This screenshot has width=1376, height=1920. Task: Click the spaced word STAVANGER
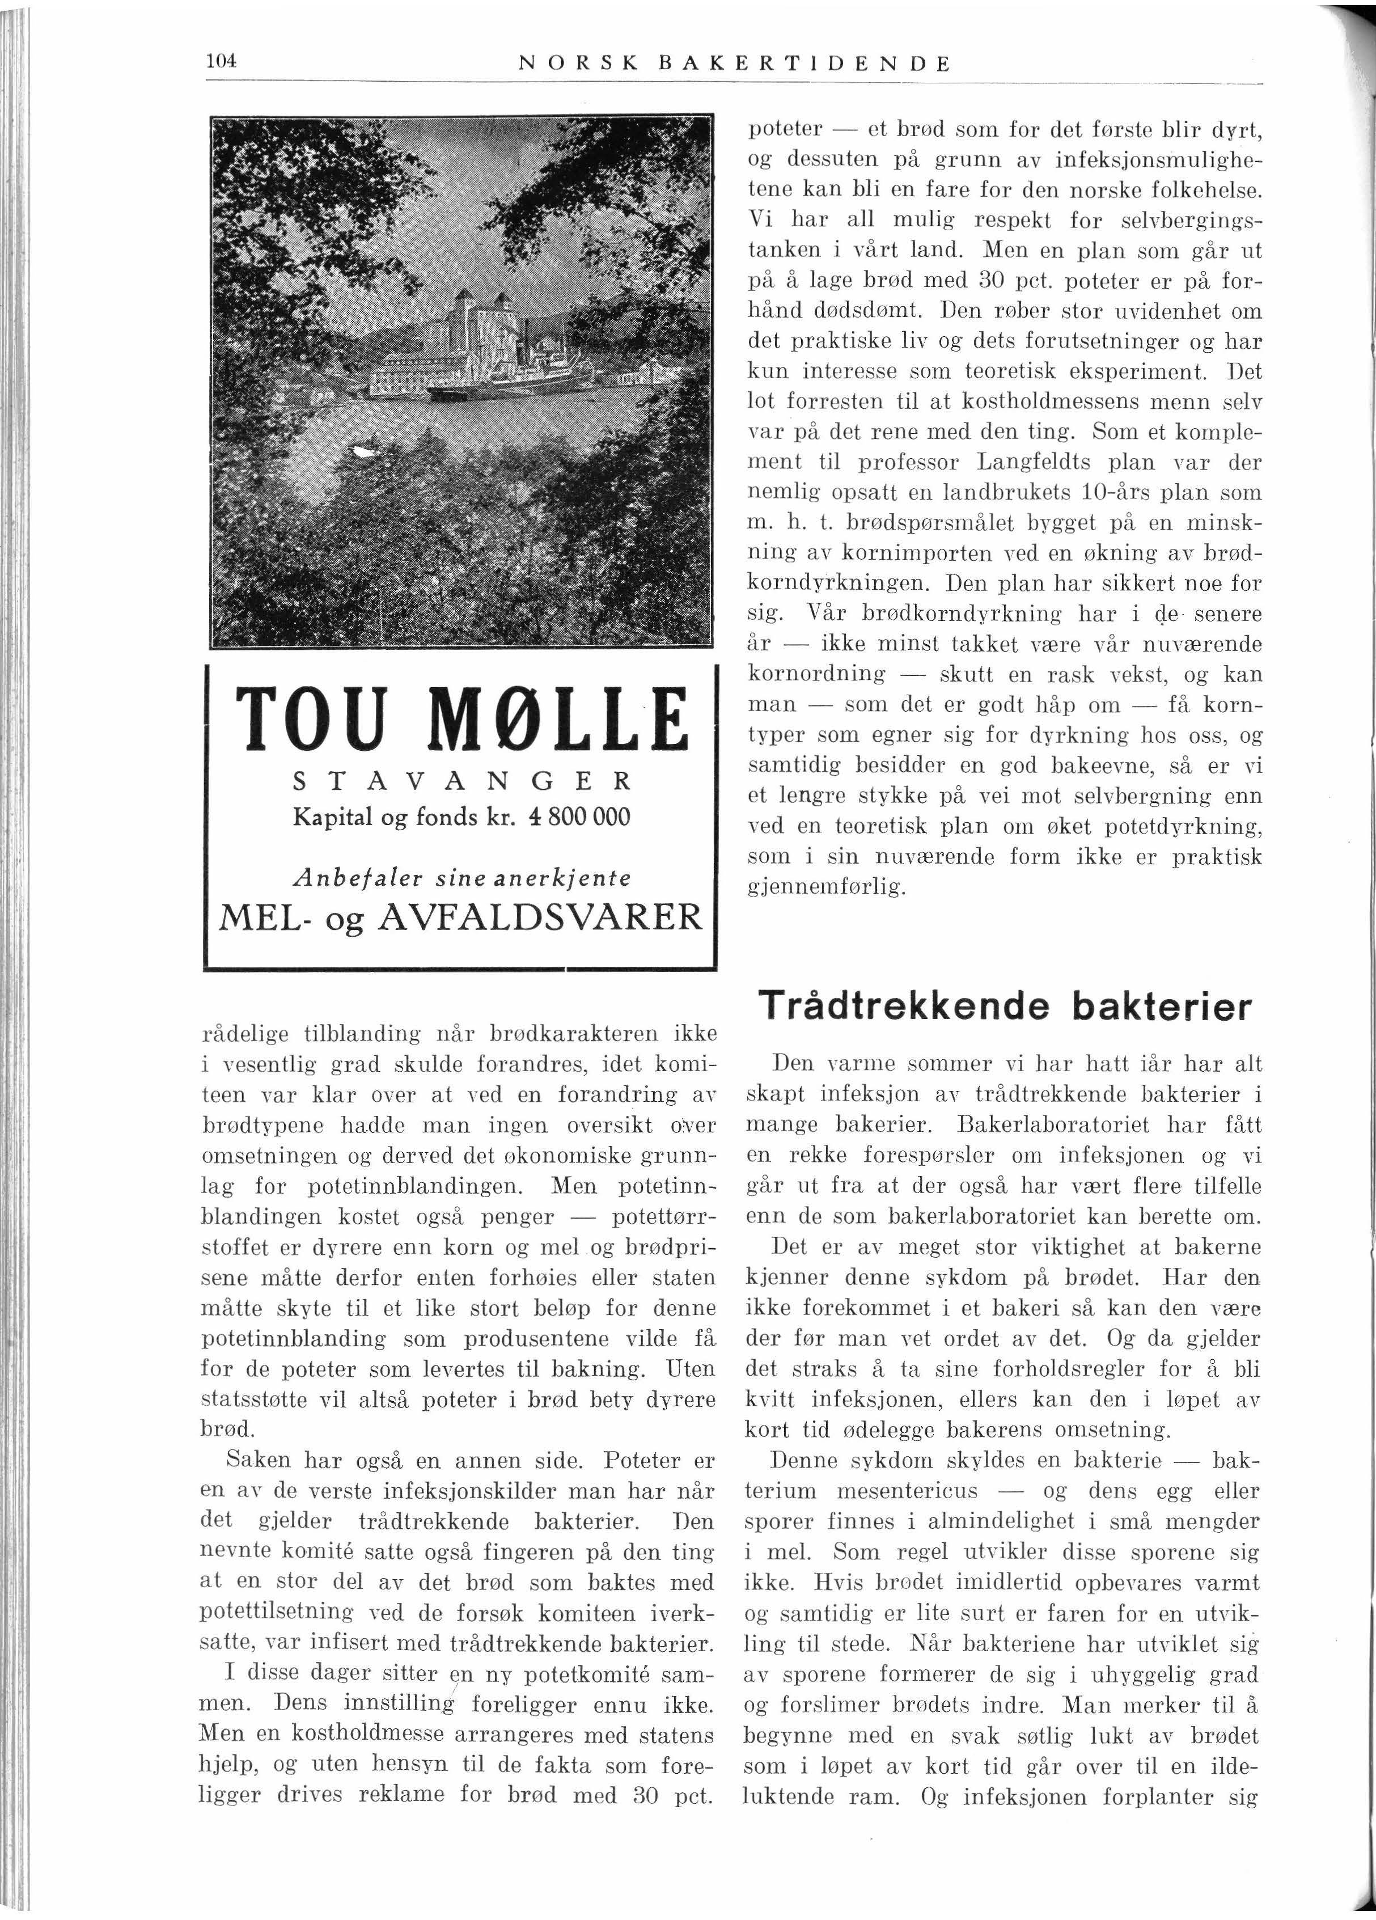tap(461, 780)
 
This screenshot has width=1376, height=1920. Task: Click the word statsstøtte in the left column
tap(255, 1400)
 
